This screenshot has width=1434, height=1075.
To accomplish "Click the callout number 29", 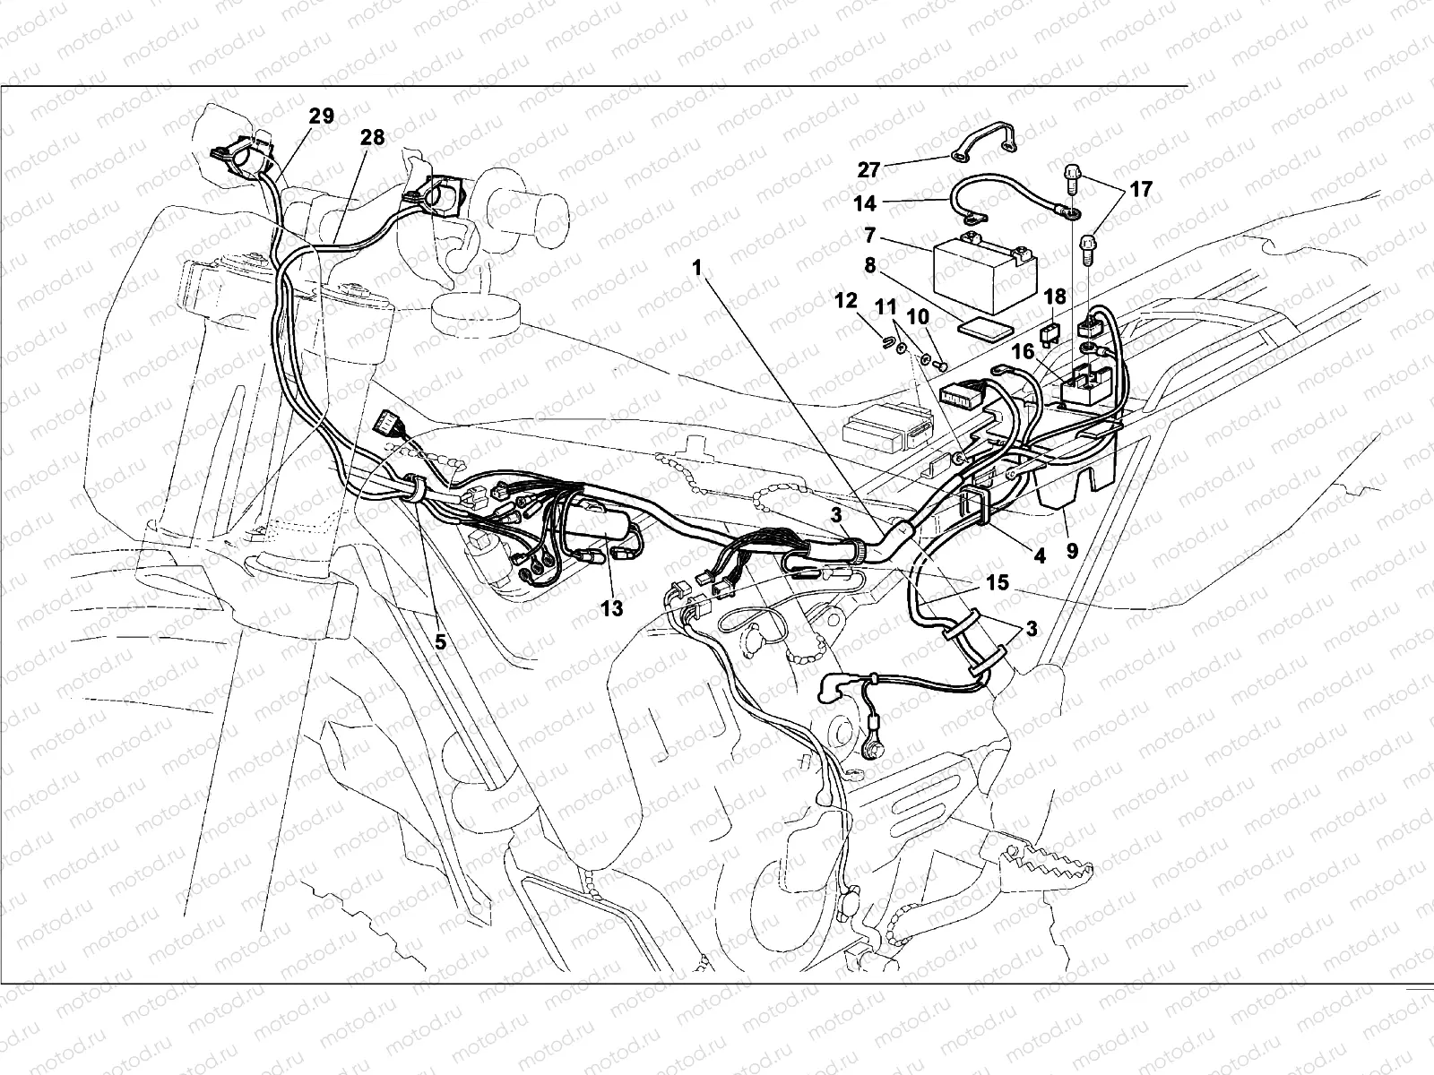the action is pos(321,116).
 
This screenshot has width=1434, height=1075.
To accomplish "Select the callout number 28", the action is pos(372,138).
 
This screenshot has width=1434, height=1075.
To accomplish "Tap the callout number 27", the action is pos(868,170).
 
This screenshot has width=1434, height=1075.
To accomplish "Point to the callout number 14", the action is pos(864,203).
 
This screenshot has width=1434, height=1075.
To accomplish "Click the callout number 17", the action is pos(1141,190).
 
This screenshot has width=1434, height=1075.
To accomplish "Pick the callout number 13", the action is pos(611,608).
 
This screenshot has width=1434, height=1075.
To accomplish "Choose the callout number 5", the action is pos(440,642).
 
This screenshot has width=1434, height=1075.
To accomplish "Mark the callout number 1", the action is pos(697,268).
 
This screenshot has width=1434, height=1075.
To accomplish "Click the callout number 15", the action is pos(998,582).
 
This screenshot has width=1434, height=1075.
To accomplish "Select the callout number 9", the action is pos(1072,552).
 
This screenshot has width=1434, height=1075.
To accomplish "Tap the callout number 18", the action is pos(1055,297).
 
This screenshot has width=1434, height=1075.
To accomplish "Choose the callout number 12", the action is pos(846,301).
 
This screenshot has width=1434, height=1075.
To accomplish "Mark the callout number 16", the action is pos(1024,352).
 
